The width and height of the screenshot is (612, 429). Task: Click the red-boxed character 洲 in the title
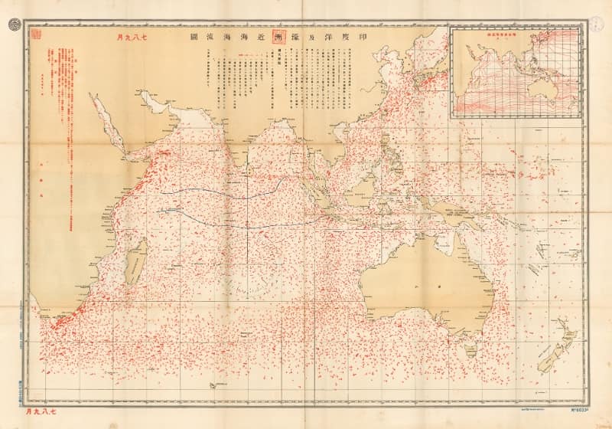pyautogui.click(x=278, y=38)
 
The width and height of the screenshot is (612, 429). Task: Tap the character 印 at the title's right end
pyautogui.click(x=376, y=38)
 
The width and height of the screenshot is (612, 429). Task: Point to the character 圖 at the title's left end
pyautogui.click(x=184, y=38)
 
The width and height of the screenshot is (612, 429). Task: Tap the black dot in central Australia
pyautogui.click(x=439, y=284)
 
